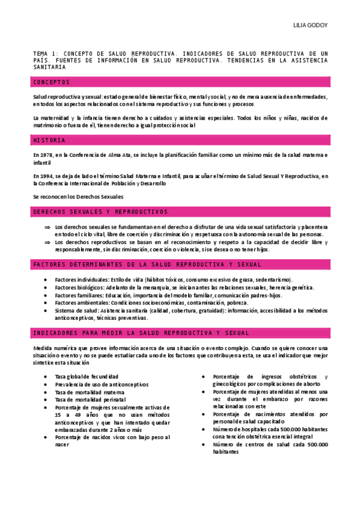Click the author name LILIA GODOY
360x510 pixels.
pos(310,26)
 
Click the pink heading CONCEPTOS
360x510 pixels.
pos(52,82)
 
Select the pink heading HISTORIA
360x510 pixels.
pos(49,140)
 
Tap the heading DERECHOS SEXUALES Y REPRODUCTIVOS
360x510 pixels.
pos(100,212)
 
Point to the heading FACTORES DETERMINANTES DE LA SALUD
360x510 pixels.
pos(147,265)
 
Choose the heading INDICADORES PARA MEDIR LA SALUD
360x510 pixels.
pos(141,333)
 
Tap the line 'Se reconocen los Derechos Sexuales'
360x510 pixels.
pos(78,197)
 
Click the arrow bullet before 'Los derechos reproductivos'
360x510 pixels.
pos(47,242)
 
